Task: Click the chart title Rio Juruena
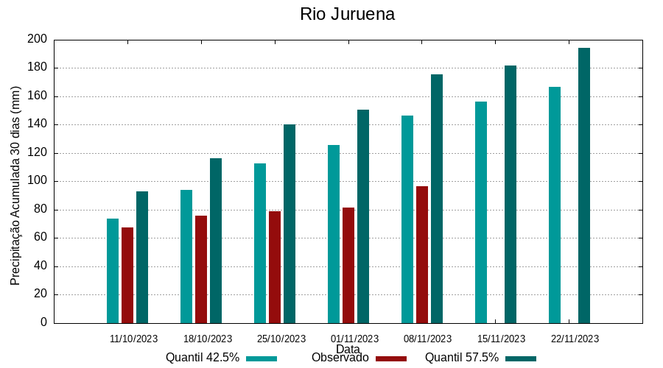[x=347, y=14]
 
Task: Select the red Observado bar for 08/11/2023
[x=422, y=255]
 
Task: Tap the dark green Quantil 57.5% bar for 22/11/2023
[x=584, y=185]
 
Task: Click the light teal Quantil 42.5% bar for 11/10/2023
[x=113, y=271]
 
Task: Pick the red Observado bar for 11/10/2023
[x=127, y=275]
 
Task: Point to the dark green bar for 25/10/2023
[x=290, y=224]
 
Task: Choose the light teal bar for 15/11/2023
[x=481, y=212]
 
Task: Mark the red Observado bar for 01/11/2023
[x=348, y=265]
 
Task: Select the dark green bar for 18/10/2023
[x=216, y=241]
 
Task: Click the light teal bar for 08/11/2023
[x=407, y=219]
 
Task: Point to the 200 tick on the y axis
[x=38, y=39]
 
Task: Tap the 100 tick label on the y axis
[x=38, y=181]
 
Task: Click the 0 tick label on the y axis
[x=43, y=322]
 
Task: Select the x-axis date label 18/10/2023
[x=208, y=339]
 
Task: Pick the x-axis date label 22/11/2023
[x=575, y=339]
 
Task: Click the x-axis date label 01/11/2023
[x=354, y=339]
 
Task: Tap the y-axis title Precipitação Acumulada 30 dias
[x=15, y=185]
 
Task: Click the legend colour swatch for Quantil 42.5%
[x=262, y=358]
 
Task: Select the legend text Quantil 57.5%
[x=462, y=358]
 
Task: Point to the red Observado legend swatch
[x=391, y=358]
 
